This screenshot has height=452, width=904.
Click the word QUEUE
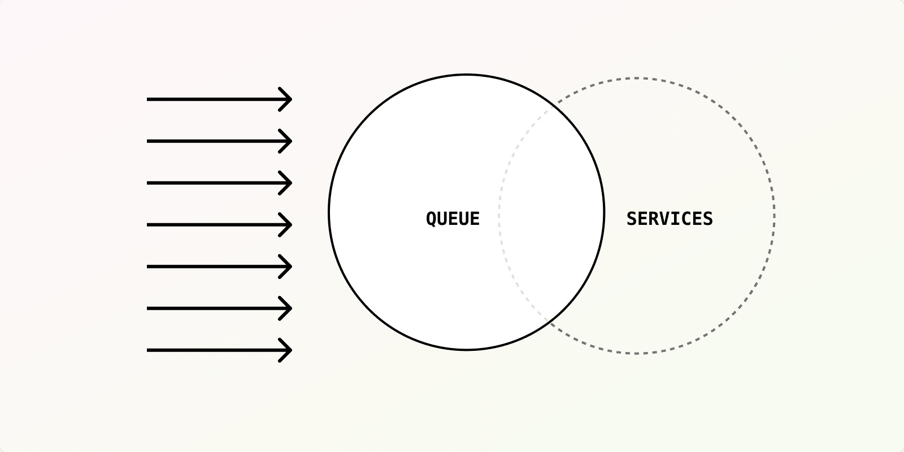(453, 219)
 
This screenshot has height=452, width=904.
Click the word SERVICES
(670, 219)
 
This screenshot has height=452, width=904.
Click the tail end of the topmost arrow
(149, 99)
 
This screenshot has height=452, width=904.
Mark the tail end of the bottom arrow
(149, 350)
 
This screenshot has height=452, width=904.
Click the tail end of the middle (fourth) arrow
(149, 225)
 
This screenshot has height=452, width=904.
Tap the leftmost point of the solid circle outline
(329, 212)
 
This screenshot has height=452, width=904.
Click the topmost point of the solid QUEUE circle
(467, 75)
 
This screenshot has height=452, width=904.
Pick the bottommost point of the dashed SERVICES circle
(636, 353)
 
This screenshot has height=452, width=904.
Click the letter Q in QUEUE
(431, 219)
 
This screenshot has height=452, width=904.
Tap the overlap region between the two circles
(551, 215)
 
